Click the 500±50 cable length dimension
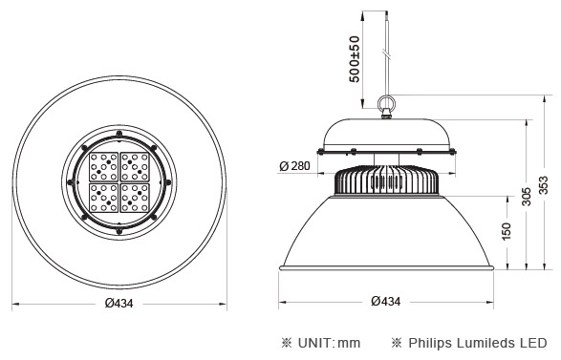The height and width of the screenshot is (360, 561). point(355,59)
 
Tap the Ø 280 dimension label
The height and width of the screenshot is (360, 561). point(294,166)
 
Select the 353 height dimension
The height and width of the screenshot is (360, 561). point(543,185)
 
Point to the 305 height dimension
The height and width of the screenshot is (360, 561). point(526,197)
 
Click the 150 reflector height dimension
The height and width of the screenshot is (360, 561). point(507,231)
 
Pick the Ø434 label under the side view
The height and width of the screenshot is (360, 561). point(386,302)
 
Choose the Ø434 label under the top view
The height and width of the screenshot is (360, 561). point(119,303)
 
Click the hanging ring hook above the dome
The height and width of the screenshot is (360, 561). point(386,103)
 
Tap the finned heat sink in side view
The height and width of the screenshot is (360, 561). point(386,180)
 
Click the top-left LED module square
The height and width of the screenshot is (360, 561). point(103,166)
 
